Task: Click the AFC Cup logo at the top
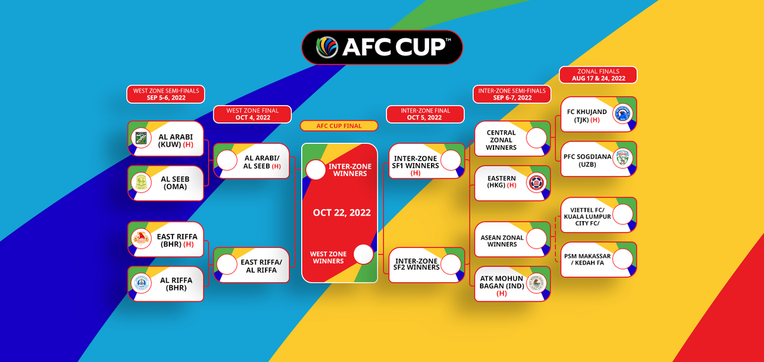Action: point(382,47)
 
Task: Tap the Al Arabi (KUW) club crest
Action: point(141,138)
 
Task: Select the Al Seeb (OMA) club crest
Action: point(141,183)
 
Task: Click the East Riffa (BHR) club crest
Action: point(141,239)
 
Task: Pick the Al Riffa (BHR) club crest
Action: point(141,284)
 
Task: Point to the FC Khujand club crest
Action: point(623,113)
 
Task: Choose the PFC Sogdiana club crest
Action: point(623,159)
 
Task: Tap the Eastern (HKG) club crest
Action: point(537,183)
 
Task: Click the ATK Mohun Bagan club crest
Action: point(537,284)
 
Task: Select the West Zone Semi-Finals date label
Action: point(166,94)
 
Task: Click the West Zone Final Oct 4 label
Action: point(252,114)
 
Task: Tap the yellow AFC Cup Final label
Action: point(339,126)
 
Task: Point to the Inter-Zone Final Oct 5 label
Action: point(425,114)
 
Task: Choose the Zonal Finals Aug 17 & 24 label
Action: point(598,75)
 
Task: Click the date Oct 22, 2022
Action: point(342,213)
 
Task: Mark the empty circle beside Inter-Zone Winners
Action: point(316,170)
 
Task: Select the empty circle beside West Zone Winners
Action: point(364,254)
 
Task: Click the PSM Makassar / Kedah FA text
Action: point(587,259)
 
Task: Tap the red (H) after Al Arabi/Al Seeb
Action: point(276,166)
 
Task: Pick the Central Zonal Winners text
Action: point(501,140)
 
